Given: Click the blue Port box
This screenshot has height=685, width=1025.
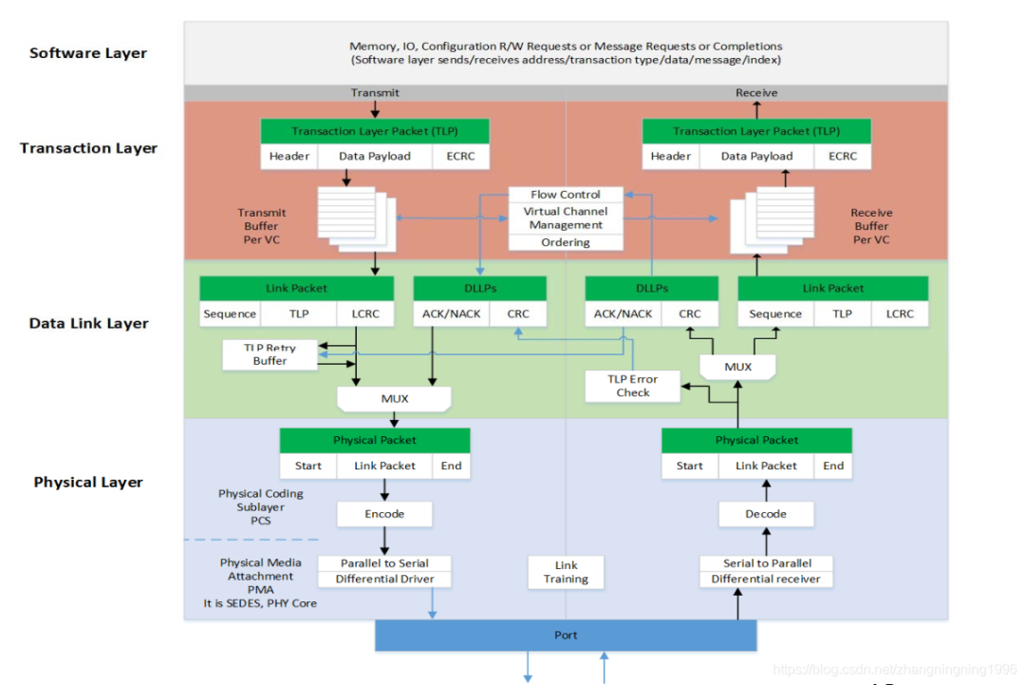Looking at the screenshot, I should tap(566, 635).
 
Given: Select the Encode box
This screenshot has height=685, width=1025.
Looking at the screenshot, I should tap(384, 514).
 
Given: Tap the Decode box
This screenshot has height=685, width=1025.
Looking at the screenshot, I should tap(766, 514).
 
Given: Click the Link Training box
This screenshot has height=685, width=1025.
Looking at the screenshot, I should tap(566, 572).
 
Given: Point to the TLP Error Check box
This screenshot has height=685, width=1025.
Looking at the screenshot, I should tap(633, 386).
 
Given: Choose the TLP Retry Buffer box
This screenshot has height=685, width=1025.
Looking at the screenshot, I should tap(270, 354).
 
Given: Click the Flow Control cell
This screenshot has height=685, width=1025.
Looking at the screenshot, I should tap(566, 195).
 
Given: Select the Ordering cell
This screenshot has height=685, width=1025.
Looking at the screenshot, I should tap(566, 242).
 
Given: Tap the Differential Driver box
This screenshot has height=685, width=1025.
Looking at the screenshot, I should tap(384, 579).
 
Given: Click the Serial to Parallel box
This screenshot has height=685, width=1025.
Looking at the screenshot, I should tap(766, 562).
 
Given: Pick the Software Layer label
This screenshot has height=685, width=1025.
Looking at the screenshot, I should tap(88, 53).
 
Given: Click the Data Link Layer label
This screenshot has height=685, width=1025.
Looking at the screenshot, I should tap(88, 324).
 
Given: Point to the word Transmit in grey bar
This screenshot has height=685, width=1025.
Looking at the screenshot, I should tap(375, 93).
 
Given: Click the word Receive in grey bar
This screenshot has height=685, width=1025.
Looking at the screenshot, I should tap(756, 93).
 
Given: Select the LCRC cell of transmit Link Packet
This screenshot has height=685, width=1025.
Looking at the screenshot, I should tap(365, 314).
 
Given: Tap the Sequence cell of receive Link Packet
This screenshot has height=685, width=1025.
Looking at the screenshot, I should tap(775, 314).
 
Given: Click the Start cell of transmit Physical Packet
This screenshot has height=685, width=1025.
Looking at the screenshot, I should tap(308, 466).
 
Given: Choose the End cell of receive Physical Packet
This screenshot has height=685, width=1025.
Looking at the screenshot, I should tap(833, 466).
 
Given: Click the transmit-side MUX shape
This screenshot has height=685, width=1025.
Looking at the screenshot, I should tap(395, 399).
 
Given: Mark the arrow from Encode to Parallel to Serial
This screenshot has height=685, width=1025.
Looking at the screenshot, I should tap(385, 541).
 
